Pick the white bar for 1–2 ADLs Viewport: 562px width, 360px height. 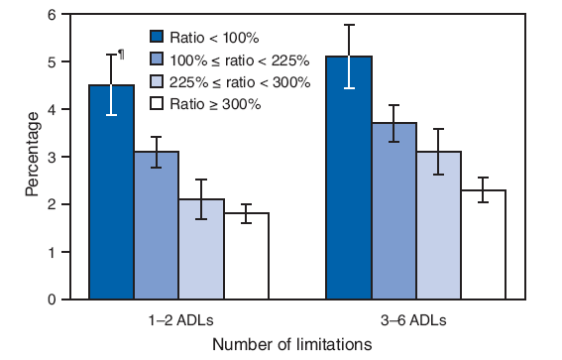point(246,257)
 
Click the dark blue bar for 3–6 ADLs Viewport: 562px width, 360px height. point(349,179)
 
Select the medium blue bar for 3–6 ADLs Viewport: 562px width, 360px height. point(393,212)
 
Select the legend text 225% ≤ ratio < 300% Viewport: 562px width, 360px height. point(235,82)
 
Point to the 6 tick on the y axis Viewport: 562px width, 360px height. point(60,15)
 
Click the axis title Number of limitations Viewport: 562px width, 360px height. point(291,344)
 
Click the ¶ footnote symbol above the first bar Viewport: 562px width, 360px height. point(121,55)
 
